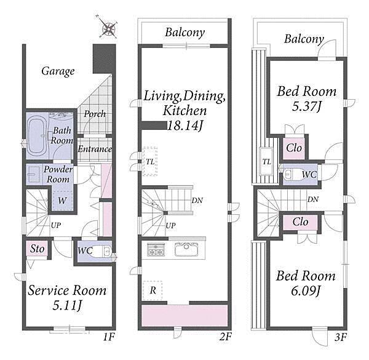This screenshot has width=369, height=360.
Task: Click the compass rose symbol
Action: click(108, 28)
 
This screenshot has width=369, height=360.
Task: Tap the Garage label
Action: click(58, 71)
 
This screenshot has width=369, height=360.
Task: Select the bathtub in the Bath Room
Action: click(37, 136)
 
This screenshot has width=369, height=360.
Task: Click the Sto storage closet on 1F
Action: click(37, 249)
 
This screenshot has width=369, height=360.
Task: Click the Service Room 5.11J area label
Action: click(67, 298)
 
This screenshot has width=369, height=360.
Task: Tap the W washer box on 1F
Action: click(62, 201)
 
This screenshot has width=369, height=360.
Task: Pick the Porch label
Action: click(95, 114)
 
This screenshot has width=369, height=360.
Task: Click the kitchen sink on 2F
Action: click(186, 249)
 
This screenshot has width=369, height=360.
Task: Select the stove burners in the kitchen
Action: click(156, 250)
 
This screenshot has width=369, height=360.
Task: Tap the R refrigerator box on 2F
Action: click(153, 290)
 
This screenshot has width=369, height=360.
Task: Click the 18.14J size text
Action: click(184, 126)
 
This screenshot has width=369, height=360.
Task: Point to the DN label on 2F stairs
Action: click(197, 201)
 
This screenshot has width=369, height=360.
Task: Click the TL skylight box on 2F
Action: click(150, 161)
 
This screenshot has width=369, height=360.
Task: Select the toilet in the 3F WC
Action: click(292, 175)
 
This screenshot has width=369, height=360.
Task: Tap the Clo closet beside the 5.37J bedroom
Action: click(294, 148)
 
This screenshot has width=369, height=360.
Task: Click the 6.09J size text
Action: click(306, 291)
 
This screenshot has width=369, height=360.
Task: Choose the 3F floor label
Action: click(341, 338)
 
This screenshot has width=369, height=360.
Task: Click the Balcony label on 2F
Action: click(184, 33)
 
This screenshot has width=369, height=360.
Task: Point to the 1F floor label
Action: click(109, 337)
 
